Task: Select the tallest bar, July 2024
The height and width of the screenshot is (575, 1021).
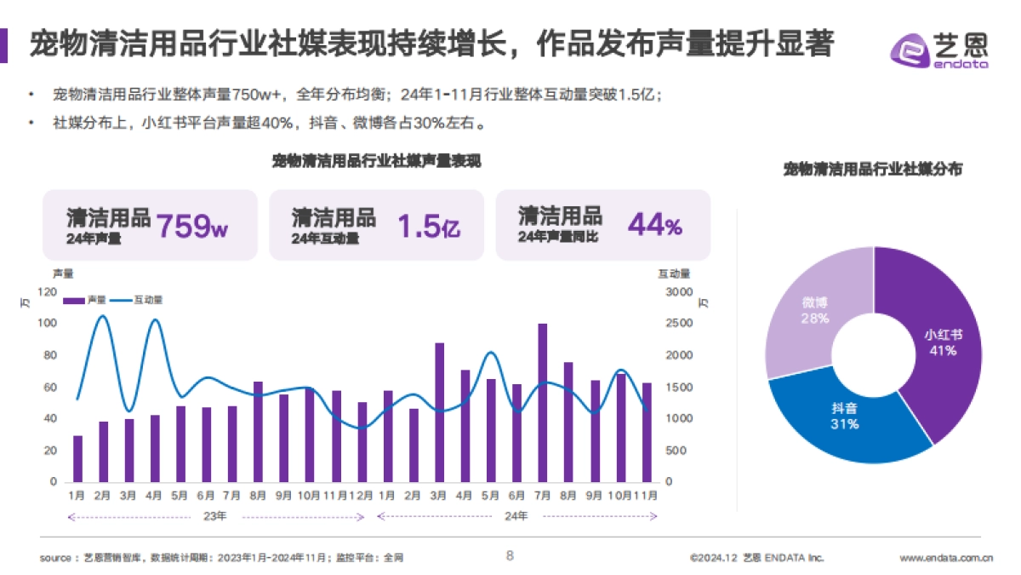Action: click(543, 403)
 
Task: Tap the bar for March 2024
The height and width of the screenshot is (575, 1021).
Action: click(440, 412)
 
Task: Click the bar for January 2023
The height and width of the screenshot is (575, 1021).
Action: click(78, 458)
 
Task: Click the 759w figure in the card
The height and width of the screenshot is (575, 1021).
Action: click(193, 225)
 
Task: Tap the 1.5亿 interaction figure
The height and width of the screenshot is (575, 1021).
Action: click(429, 226)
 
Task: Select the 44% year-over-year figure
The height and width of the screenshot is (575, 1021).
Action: click(654, 225)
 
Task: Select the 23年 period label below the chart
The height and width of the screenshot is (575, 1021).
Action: click(216, 516)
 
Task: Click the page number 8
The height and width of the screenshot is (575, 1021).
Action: click(510, 556)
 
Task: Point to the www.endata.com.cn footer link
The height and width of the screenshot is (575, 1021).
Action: click(946, 559)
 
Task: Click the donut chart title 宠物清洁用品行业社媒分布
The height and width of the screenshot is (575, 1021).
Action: click(873, 170)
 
